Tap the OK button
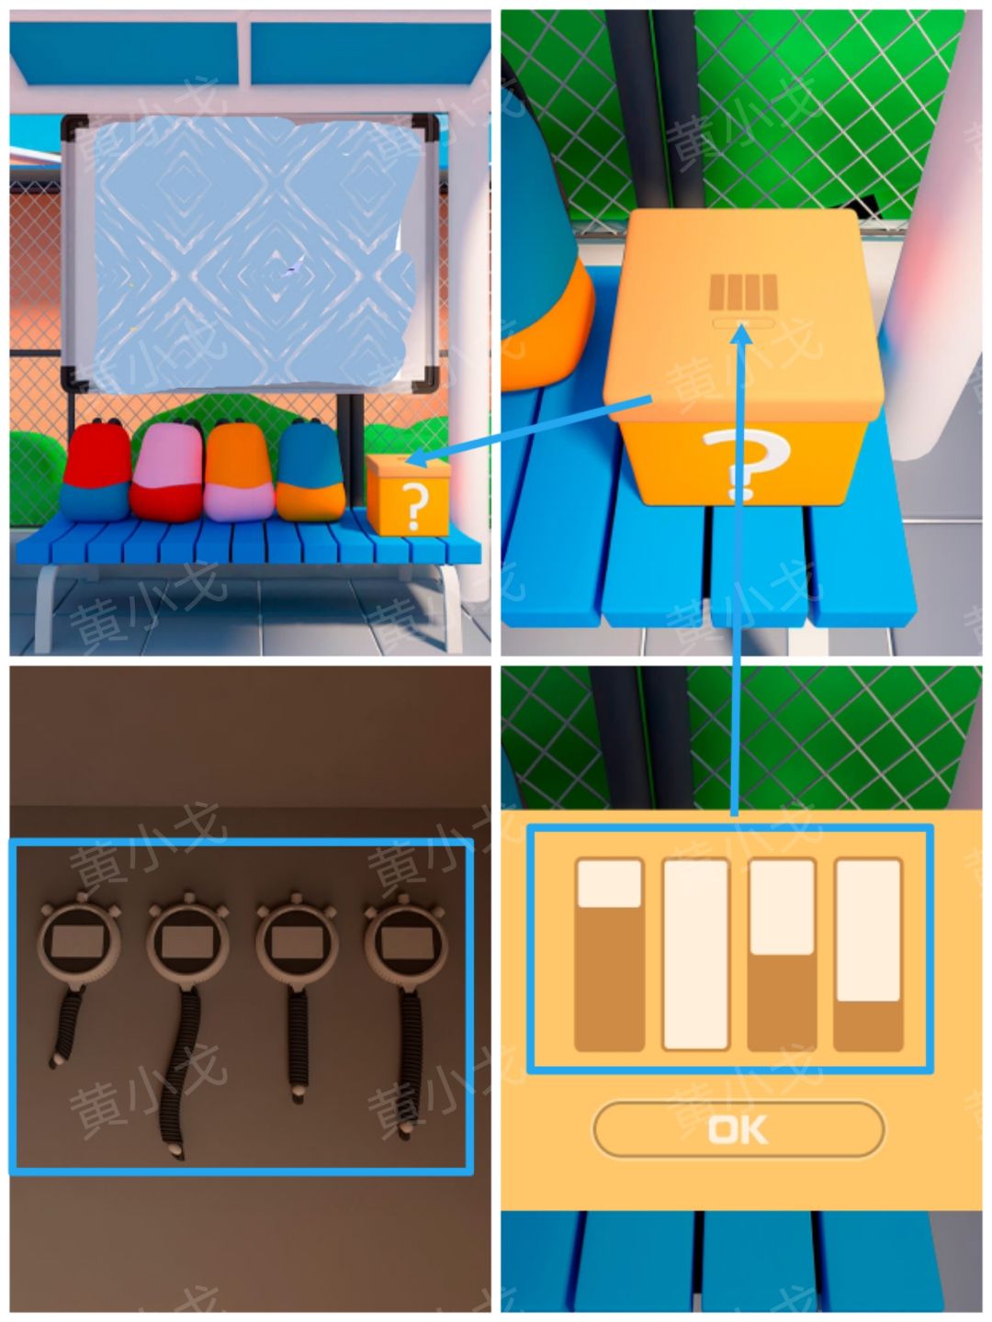738,1129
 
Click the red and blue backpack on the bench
96,470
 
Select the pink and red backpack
168,472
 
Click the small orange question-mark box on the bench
409,495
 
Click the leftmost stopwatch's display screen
76,942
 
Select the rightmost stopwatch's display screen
405,942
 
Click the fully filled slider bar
695,955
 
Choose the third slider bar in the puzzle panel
782,955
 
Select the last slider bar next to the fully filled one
868,955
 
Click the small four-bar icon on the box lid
743,292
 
